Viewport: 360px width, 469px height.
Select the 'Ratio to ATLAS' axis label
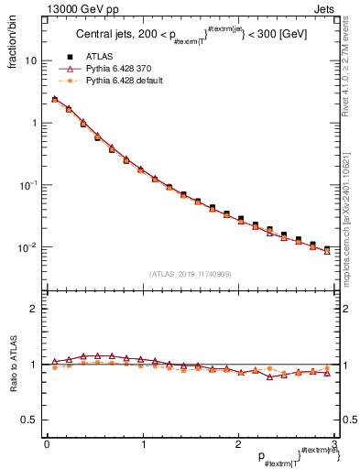tap(14, 365)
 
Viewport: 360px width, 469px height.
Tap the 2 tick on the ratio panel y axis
tap(34, 310)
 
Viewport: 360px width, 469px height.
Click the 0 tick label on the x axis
tap(47, 444)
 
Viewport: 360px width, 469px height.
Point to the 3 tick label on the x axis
tap(335, 444)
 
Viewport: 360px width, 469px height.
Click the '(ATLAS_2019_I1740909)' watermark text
tap(191, 274)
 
